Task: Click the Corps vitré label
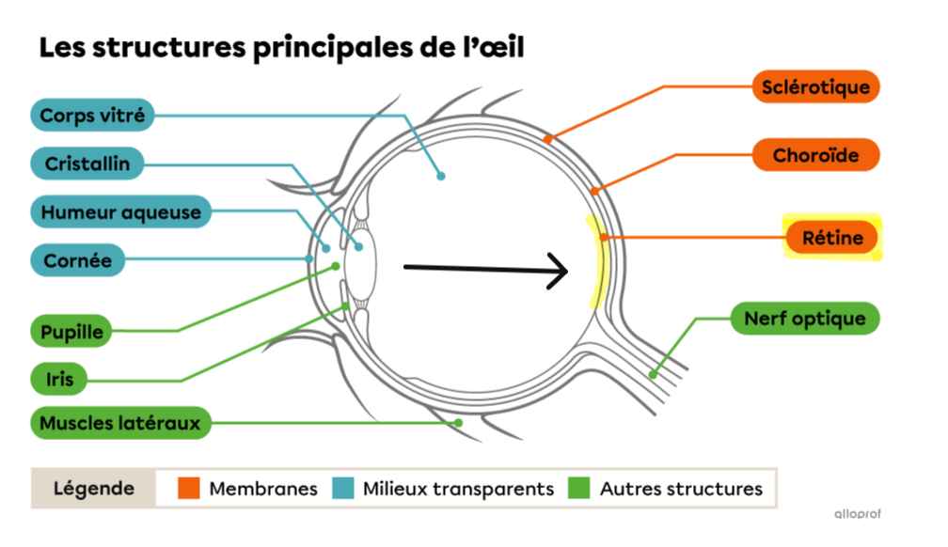[92, 117]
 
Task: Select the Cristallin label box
[87, 164]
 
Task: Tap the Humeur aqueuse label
[120, 212]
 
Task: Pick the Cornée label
[78, 260]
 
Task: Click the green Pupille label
[71, 332]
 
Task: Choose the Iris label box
[59, 380]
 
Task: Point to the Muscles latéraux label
[120, 423]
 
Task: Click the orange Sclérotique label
[815, 87]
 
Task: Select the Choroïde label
[815, 155]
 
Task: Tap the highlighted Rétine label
[832, 238]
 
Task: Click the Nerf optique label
[805, 318]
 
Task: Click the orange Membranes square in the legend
[190, 489]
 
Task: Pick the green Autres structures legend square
[580, 489]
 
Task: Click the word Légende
[93, 489]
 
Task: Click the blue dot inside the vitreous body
[440, 176]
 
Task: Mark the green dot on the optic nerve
[653, 375]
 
